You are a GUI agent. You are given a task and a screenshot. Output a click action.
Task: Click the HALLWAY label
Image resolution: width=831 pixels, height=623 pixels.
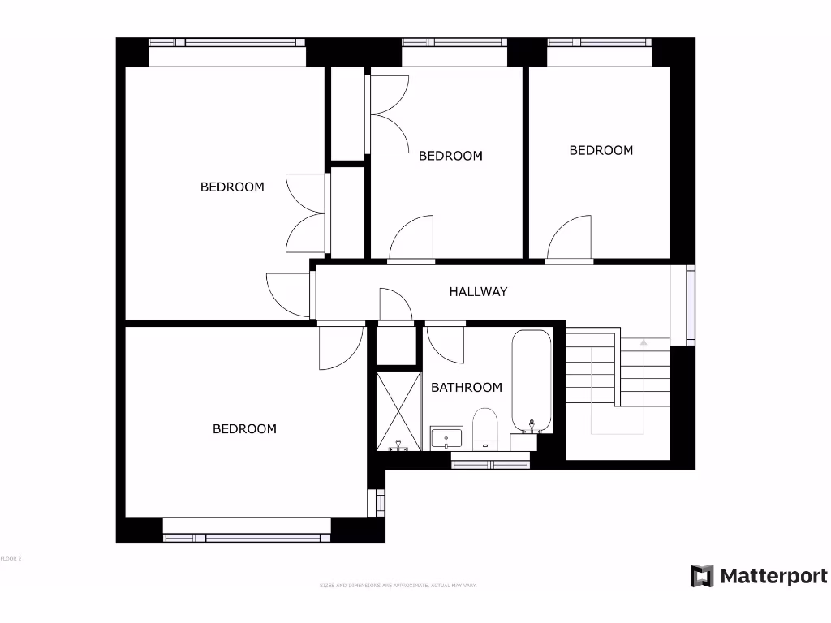[x=478, y=291]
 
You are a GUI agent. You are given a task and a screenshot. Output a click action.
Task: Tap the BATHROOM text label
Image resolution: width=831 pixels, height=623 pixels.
[x=466, y=388]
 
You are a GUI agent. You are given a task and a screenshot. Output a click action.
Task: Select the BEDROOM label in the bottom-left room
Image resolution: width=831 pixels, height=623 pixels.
[x=244, y=428]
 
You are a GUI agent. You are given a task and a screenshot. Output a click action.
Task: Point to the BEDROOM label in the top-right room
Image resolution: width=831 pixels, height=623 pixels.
[x=601, y=150]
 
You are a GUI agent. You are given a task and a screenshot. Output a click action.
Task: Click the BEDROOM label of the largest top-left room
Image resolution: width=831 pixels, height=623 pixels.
[x=232, y=187]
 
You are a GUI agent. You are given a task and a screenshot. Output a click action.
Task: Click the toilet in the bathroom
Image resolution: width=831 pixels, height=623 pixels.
[x=484, y=428]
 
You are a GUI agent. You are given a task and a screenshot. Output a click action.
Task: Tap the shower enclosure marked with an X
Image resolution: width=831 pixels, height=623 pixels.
[x=398, y=410]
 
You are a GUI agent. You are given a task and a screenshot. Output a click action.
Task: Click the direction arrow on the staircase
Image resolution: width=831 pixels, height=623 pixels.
[x=644, y=344]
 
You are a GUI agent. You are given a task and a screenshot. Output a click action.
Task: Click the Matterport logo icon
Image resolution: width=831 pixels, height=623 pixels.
[x=702, y=577]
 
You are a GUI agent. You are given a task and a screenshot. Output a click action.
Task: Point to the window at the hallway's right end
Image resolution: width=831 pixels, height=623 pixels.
[x=691, y=304]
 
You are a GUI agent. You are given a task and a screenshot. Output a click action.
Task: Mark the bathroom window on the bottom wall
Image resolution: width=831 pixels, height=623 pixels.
[x=490, y=464]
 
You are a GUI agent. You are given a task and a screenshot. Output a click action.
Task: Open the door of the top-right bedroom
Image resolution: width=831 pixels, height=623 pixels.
[x=571, y=238]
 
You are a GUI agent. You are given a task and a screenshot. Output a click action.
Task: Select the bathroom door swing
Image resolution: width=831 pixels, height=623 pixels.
[x=445, y=342]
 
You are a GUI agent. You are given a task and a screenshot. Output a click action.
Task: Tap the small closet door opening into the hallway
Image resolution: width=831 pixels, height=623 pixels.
[x=395, y=305]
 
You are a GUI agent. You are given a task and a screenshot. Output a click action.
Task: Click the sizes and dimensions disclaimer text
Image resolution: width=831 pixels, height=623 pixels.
[x=398, y=585]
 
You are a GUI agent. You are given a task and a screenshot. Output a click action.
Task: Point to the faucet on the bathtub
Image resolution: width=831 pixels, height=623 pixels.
[x=532, y=426]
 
